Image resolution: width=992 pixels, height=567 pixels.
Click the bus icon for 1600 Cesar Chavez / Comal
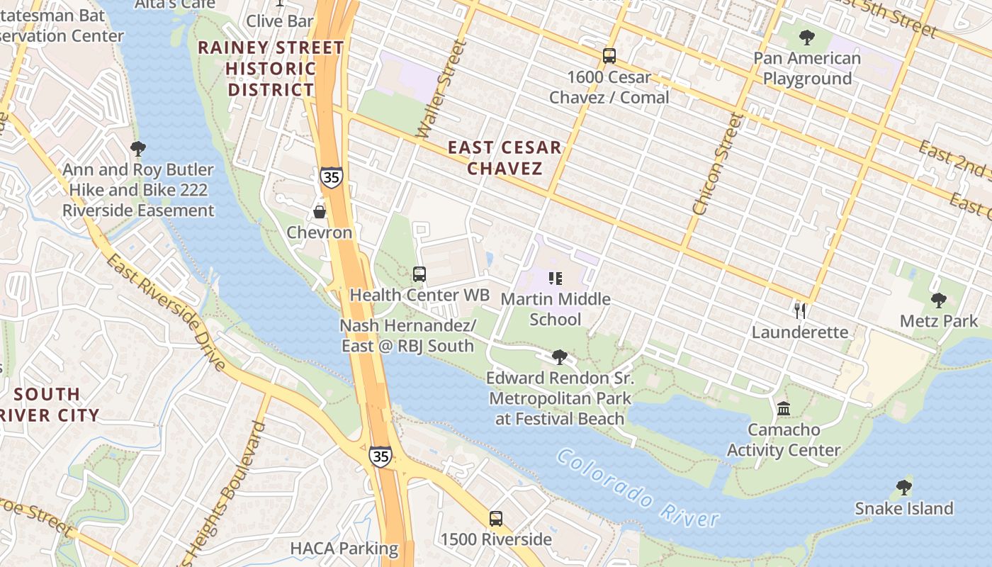pos(609,56)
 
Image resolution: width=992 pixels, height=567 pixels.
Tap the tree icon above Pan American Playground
pos(806,38)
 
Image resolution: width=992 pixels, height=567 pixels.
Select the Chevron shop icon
pos(320,212)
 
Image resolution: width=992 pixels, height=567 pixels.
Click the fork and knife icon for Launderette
pos(800,310)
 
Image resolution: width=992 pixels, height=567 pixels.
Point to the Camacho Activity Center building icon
pos(784,409)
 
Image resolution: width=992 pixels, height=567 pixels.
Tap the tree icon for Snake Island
pos(903,488)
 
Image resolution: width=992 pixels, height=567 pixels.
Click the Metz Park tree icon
pos(939,301)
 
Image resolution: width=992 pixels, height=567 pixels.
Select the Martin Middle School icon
pos(556,279)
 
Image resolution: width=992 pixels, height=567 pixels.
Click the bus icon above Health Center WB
pos(419,274)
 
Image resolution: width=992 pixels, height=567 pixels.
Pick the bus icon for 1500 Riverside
pos(496,519)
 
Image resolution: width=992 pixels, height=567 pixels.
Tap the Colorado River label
pos(637,489)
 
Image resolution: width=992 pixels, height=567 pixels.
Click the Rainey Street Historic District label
pos(271,69)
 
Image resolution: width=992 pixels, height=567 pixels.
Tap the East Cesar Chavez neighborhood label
pos(505,158)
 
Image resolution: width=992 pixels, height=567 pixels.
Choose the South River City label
pos(50,404)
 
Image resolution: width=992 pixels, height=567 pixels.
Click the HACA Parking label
pos(344,549)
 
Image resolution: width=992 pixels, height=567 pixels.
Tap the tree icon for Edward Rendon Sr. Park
pos(560,357)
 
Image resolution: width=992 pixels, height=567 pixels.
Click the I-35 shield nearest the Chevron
pos(331,176)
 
